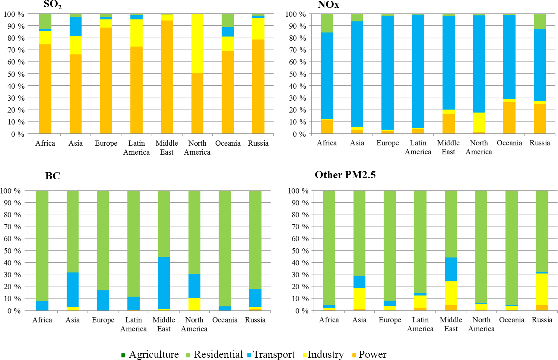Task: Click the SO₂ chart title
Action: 53,4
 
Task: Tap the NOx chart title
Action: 328,4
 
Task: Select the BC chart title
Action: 53,176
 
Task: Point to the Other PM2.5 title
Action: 345,175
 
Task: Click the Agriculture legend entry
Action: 150,354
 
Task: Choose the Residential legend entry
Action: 214,354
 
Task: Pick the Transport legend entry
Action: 271,354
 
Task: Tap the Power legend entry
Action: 369,354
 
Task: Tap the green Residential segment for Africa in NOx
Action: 327,23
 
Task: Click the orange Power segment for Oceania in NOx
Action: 509,118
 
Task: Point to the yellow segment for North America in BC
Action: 194,304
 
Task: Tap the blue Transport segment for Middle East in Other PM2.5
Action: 451,269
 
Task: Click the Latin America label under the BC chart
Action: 133,324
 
